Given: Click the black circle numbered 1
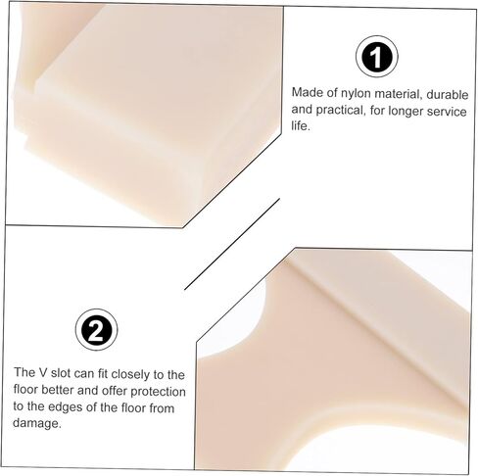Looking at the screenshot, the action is (x=376, y=57).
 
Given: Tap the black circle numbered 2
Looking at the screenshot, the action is (x=96, y=329).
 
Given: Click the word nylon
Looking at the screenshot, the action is (x=356, y=94).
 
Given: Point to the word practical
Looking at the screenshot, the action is (x=340, y=111).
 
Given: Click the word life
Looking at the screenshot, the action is (x=301, y=125).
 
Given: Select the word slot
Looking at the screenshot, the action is (x=60, y=373).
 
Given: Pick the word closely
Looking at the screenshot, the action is (x=125, y=374).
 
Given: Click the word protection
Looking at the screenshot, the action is (x=158, y=391).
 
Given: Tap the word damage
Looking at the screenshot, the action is (x=37, y=423).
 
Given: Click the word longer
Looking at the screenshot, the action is (x=405, y=112).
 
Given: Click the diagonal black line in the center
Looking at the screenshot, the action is (x=232, y=244).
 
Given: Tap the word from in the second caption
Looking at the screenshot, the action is (x=162, y=408).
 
